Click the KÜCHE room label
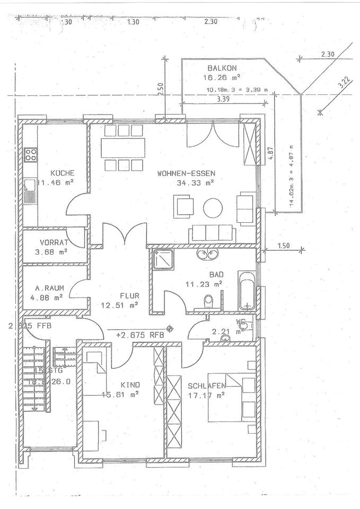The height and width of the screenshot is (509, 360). [62, 173]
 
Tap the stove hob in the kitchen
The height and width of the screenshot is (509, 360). [30, 155]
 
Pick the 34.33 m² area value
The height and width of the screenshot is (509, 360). [195, 183]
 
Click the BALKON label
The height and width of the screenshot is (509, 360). [222, 68]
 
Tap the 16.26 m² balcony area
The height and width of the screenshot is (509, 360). [222, 77]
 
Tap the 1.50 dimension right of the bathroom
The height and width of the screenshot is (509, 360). [284, 246]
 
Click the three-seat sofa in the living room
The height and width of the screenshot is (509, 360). [212, 232]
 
